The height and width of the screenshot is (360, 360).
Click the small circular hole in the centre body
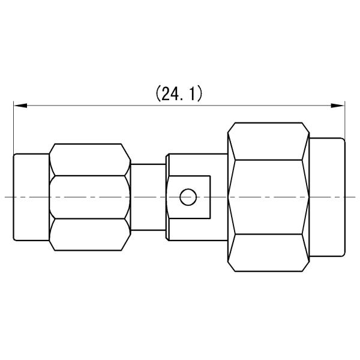coord(188,196)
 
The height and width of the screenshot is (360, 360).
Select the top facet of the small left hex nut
coord(90,159)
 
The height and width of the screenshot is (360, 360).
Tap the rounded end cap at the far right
coord(328,197)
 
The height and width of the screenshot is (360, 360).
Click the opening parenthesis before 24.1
coord(158,94)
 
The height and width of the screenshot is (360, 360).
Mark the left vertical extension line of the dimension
coord(13,129)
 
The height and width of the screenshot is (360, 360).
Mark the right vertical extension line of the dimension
coord(345,123)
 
